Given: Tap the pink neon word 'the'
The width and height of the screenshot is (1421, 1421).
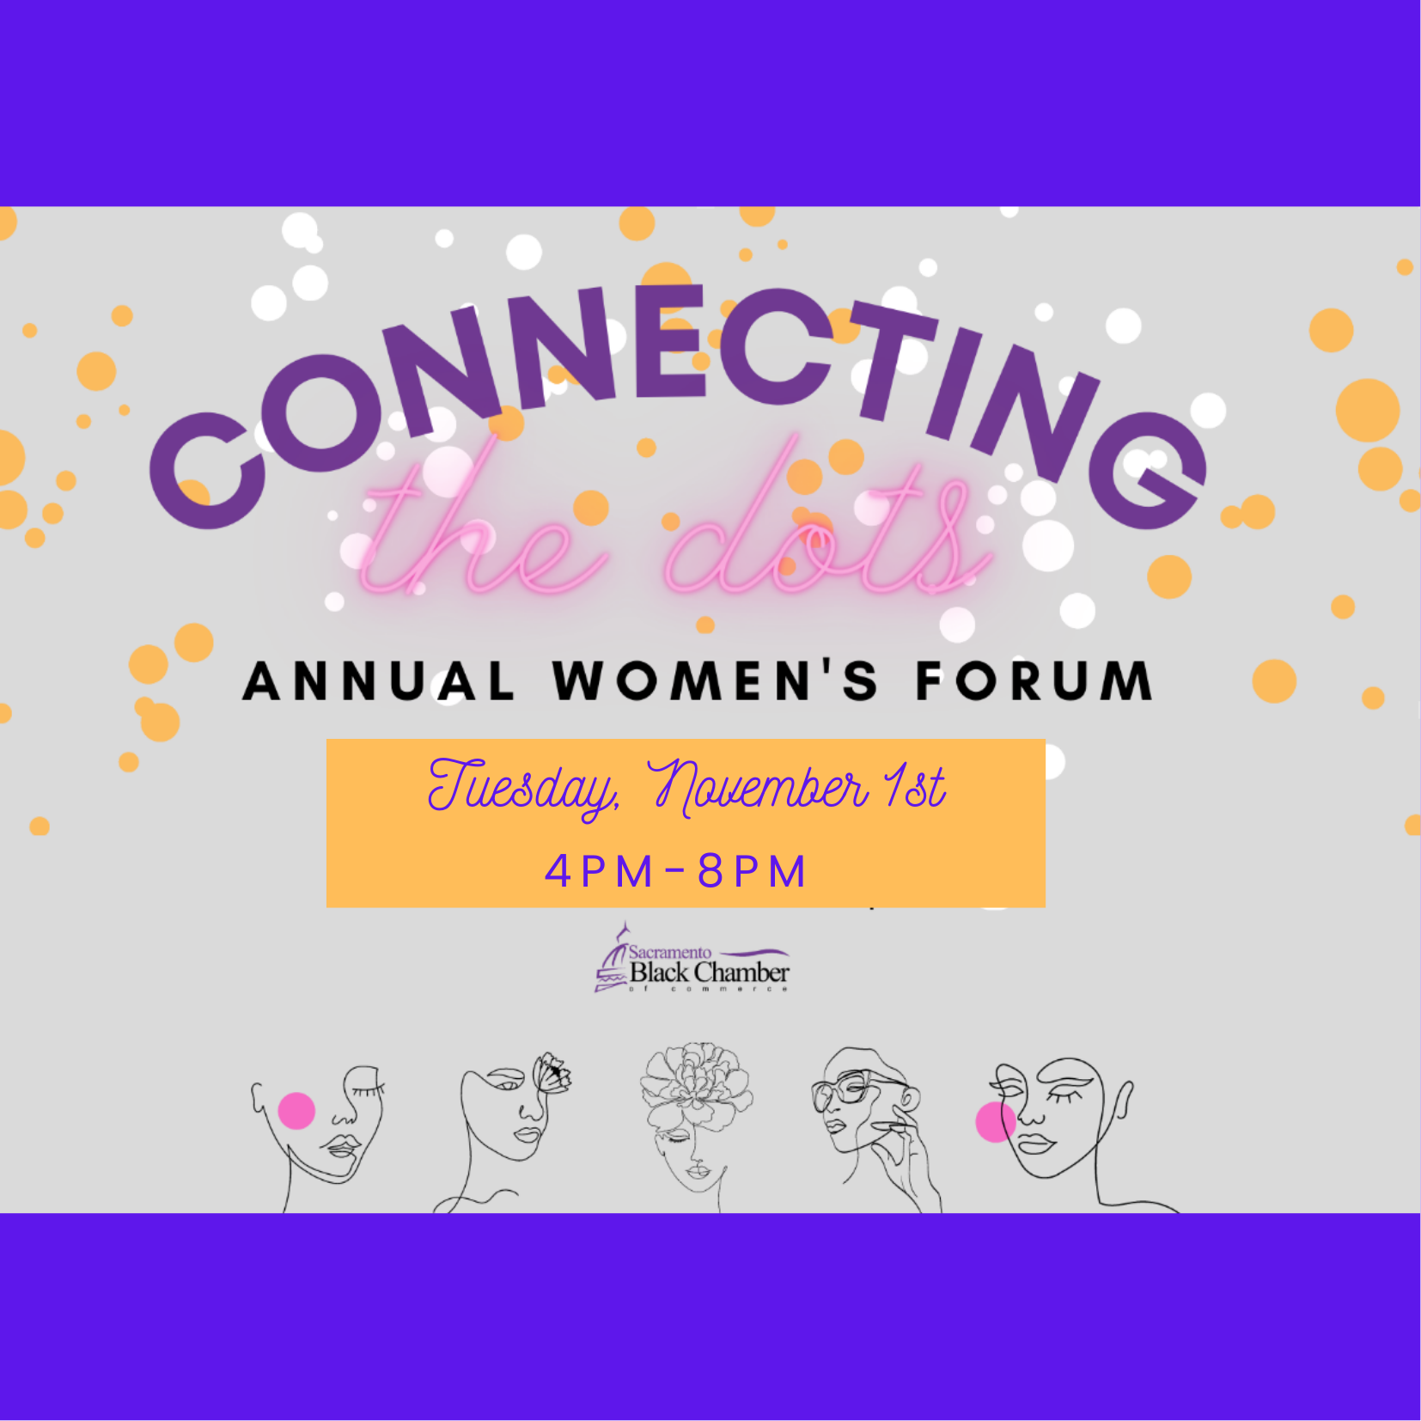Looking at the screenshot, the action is (x=481, y=524).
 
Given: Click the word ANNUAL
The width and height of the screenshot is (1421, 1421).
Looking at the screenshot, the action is (x=379, y=681).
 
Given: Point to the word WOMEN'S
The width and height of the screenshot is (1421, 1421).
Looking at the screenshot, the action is (x=716, y=680).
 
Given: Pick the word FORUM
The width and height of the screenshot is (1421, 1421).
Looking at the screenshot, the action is (x=1034, y=680).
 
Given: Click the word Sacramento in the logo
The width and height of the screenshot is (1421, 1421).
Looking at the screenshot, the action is (x=670, y=952).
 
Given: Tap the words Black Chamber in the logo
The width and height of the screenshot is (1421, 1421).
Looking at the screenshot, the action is (x=710, y=973).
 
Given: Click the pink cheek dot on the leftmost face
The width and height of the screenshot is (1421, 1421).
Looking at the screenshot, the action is (x=296, y=1111).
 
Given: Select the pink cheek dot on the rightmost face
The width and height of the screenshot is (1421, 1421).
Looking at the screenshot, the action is (x=996, y=1122).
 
